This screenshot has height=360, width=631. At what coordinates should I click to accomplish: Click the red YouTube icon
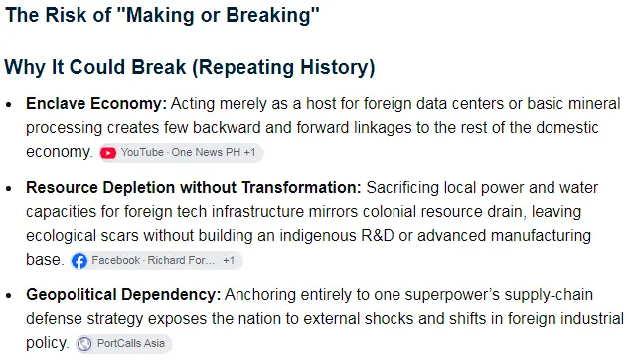[108, 153]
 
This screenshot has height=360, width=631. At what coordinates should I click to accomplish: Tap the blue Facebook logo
[79, 261]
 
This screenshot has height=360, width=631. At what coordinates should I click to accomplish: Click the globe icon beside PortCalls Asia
[84, 344]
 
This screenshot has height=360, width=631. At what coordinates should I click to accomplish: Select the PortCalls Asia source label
[131, 343]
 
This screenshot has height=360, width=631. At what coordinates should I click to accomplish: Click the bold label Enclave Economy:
[96, 104]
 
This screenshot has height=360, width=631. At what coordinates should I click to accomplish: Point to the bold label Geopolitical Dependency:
[123, 295]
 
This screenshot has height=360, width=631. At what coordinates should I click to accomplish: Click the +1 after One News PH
[249, 153]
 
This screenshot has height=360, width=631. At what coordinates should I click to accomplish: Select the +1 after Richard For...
[229, 261]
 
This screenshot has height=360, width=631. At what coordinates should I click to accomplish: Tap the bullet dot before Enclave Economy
[9, 105]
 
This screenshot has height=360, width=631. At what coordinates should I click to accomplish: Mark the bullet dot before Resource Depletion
[9, 189]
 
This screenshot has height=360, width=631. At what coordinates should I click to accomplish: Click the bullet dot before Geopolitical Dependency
[9, 296]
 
